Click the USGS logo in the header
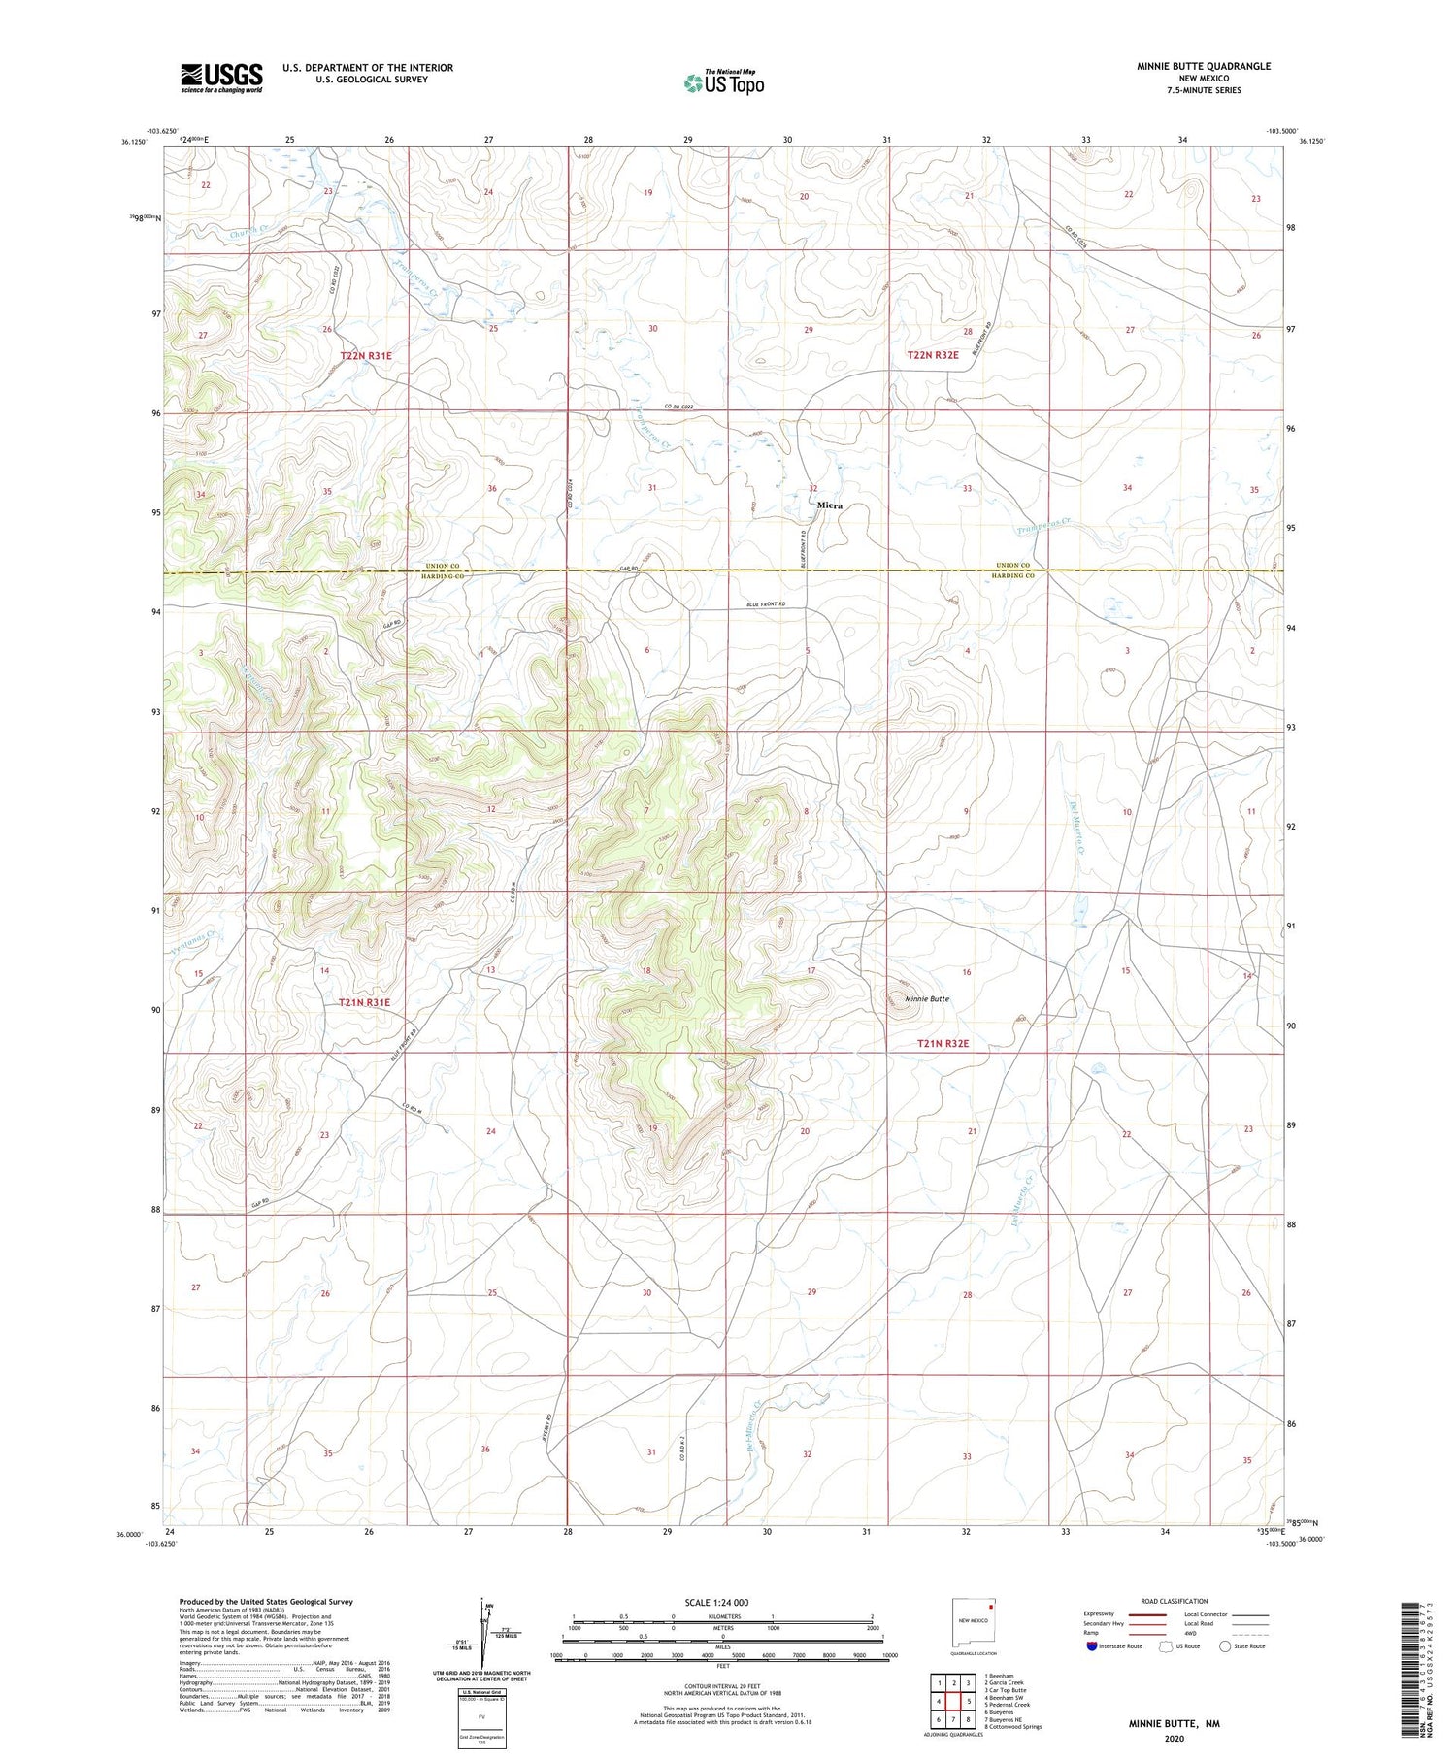click(221, 78)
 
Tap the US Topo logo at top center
click(723, 82)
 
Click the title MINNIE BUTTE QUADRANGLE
click(1204, 66)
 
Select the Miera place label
click(829, 505)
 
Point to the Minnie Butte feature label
click(927, 998)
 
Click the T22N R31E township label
click(366, 356)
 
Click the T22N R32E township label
click(933, 355)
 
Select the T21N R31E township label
click(364, 1002)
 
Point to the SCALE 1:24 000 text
click(717, 1602)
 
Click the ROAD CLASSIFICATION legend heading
click(1175, 1601)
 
